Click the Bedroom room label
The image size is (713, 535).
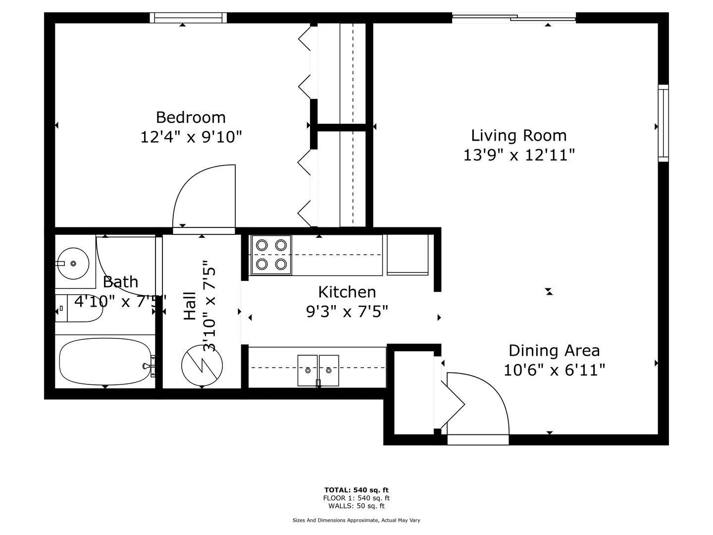(x=191, y=117)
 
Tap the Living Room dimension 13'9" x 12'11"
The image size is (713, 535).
(x=519, y=155)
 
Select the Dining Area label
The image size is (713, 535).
(x=554, y=351)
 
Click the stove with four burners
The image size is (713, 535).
(x=271, y=255)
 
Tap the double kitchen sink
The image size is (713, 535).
(x=318, y=371)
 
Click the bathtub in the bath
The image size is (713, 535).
(x=105, y=361)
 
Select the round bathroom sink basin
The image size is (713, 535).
(x=74, y=264)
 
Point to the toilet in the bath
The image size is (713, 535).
(x=79, y=308)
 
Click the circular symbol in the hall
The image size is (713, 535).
(x=202, y=366)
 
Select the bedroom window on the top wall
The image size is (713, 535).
(x=188, y=17)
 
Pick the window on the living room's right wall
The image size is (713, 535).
(x=663, y=123)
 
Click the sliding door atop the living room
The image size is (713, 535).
(x=514, y=17)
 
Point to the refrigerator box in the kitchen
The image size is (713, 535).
(x=407, y=255)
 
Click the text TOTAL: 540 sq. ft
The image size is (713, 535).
(x=356, y=490)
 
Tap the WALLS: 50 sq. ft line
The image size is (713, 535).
(x=356, y=506)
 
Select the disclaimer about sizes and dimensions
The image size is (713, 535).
(x=356, y=520)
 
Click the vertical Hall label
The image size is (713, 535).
(x=190, y=306)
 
